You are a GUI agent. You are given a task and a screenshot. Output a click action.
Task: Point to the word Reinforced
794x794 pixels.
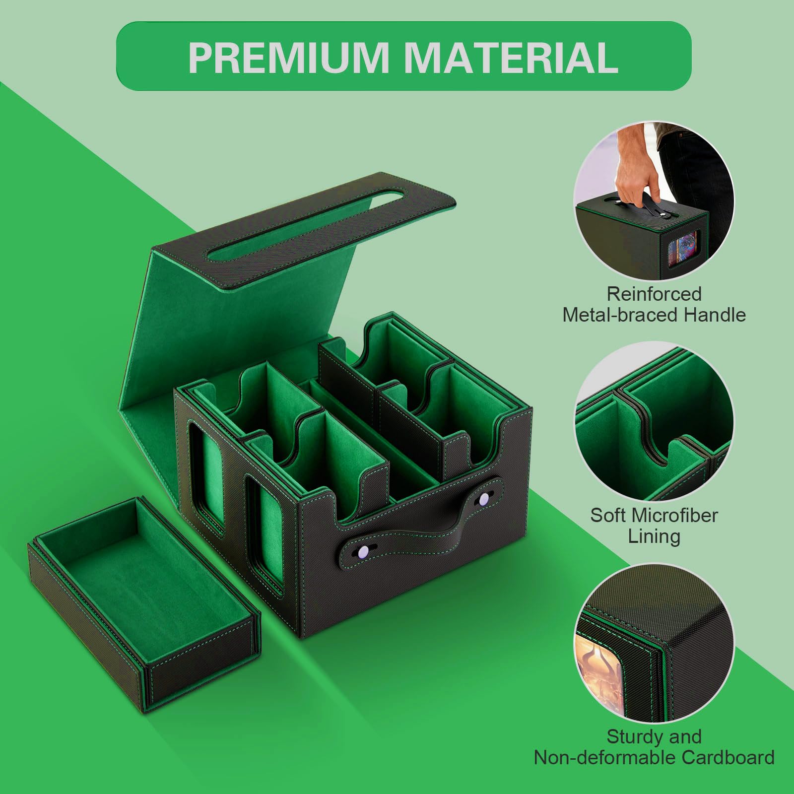(654, 294)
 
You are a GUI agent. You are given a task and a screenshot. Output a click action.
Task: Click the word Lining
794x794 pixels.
(654, 536)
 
